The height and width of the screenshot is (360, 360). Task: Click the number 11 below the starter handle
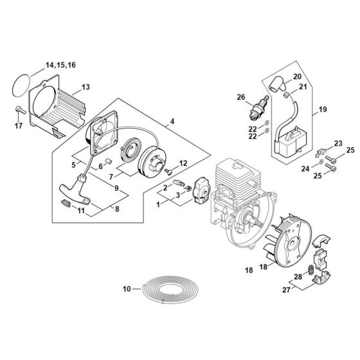tap(82, 211)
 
